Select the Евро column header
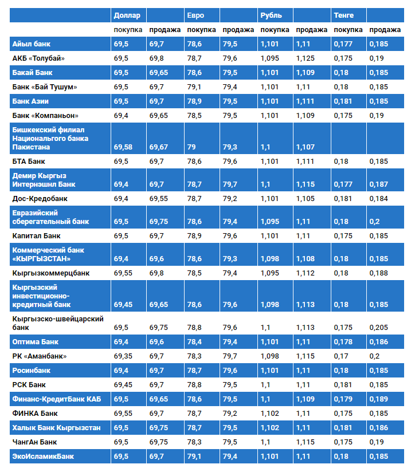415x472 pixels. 195,15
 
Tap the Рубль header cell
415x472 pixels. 271,15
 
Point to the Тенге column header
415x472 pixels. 344,15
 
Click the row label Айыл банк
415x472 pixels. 32,44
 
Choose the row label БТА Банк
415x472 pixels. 29,162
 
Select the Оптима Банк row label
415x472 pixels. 35,342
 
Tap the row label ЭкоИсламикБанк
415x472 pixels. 43,457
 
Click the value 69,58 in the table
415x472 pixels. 123,147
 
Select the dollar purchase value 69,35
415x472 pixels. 123,356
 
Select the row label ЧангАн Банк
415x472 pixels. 34,442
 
